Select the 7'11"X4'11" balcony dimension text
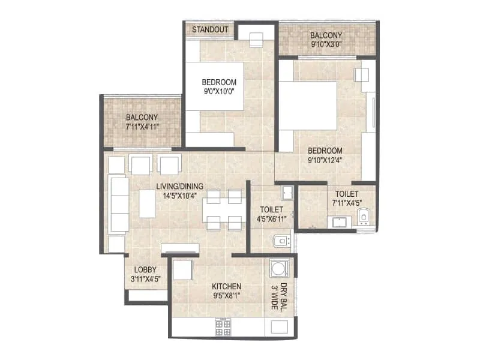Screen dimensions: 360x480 coord(142,127)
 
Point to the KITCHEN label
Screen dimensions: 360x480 coord(227,286)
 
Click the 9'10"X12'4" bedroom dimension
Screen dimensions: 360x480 coord(325,160)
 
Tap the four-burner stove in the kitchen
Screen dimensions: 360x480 coord(223,327)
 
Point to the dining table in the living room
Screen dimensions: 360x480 coord(222,209)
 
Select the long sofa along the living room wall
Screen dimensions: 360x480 coord(119,205)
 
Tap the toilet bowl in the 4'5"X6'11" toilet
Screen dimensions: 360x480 coord(280,241)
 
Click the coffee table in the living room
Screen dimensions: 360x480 coord(148,203)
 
